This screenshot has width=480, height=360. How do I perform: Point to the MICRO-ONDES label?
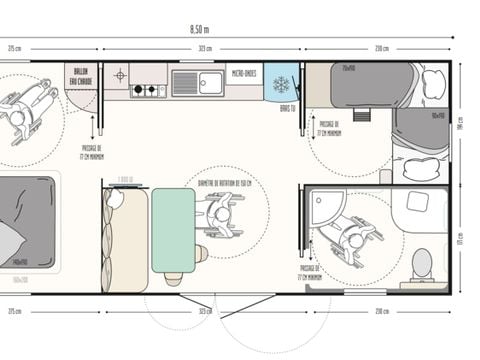tap(244, 73)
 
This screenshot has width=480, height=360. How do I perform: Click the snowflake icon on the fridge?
tap(282, 83)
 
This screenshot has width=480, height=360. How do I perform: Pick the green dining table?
tap(173, 229)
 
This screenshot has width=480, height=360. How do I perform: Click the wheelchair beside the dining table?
tap(221, 216)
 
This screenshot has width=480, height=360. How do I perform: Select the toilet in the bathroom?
tap(421, 263)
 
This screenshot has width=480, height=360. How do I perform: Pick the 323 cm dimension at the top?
tap(204, 48)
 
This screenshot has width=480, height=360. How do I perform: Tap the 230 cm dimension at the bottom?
tap(381, 311)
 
